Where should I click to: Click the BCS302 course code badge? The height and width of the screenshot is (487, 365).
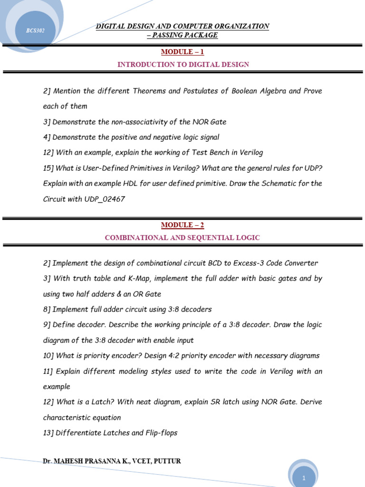coord(35,31)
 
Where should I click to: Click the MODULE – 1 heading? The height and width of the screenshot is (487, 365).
coord(182,51)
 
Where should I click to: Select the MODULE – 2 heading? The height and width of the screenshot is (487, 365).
coord(182,225)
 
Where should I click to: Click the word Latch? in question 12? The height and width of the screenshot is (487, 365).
coord(101,402)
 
